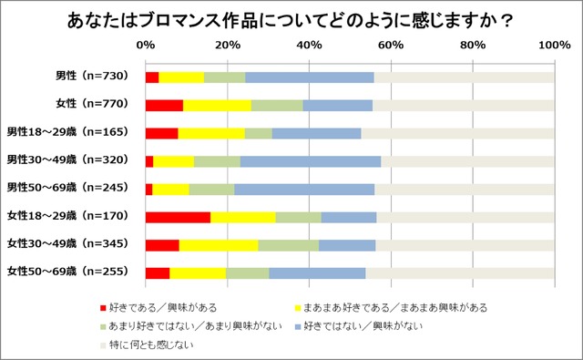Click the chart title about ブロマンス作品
click(x=290, y=20)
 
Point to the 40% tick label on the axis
click(x=309, y=45)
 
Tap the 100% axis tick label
click(x=555, y=45)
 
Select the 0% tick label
click(x=146, y=45)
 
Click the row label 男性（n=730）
click(x=92, y=76)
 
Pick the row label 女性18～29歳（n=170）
click(x=67, y=216)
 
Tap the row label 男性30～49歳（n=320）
click(x=67, y=159)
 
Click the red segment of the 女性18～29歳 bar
click(x=179, y=217)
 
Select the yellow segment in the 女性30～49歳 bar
click(x=219, y=245)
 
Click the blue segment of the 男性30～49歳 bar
click(x=311, y=161)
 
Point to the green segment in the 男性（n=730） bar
click(x=225, y=77)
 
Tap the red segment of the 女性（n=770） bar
click(x=164, y=105)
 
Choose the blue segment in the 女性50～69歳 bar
click(x=317, y=273)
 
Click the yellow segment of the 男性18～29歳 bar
click(x=211, y=133)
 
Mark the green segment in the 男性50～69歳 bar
click(x=212, y=190)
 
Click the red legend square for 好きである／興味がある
click(x=103, y=308)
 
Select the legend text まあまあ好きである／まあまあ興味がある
click(x=395, y=307)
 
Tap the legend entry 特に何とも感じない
click(x=148, y=345)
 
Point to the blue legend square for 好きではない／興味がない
click(x=298, y=327)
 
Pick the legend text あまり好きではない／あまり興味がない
click(x=195, y=326)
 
